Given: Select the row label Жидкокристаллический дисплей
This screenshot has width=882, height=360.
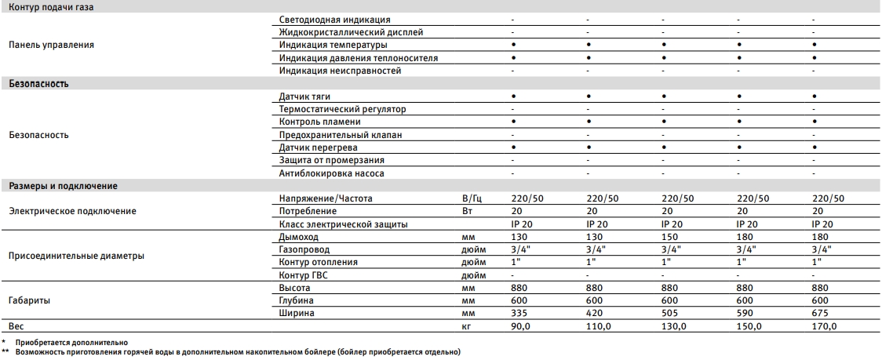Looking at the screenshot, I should [351, 32].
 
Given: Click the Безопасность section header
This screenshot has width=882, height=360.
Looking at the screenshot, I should [38, 82].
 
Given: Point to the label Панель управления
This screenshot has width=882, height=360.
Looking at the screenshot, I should [51, 45].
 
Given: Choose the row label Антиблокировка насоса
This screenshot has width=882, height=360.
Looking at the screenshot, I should [331, 173].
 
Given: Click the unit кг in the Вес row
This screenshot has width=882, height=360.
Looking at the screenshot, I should [468, 326].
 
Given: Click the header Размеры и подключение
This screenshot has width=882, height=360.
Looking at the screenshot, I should [63, 186].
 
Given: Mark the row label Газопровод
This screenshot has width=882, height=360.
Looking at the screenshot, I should [304, 249].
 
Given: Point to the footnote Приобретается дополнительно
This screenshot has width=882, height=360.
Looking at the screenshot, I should [64, 343].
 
